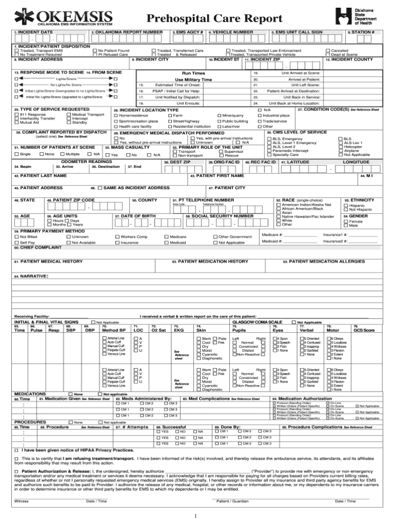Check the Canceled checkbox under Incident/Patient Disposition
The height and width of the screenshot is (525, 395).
pos(327,50)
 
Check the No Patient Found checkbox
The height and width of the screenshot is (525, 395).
pos(94,50)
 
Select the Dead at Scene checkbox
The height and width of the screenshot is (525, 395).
pos(327,55)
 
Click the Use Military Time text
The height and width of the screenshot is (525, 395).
pos(193,80)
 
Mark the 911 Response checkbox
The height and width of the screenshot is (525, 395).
pos(17,115)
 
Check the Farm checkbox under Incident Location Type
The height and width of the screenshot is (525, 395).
pos(169,116)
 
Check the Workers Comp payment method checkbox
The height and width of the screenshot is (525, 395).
pos(116,237)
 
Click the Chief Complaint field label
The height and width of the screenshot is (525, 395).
pos(34,247)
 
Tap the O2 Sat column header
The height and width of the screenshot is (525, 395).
pos(158,330)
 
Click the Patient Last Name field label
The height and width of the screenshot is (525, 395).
pos(41,176)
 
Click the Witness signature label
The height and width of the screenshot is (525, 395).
pos(21,500)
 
